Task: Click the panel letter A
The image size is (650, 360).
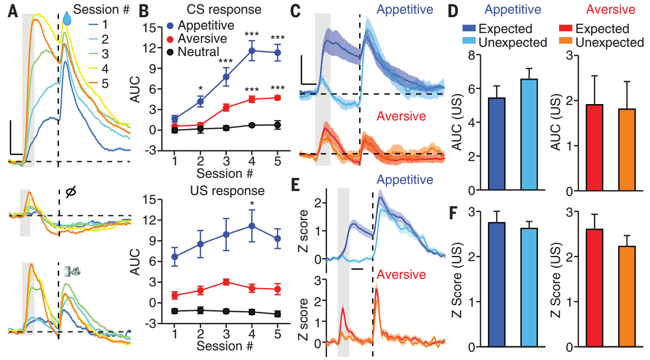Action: (x=13, y=11)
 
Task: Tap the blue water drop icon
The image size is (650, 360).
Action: (x=67, y=19)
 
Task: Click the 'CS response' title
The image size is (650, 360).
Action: (x=224, y=9)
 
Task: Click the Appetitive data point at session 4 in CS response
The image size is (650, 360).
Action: (x=252, y=51)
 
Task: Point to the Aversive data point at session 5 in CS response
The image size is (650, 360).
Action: (x=277, y=98)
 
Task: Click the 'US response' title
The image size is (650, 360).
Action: (x=227, y=191)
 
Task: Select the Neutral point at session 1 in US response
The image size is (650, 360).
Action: (x=175, y=311)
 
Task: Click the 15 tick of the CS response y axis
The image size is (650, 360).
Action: (x=150, y=28)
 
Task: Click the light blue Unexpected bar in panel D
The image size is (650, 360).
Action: (x=529, y=135)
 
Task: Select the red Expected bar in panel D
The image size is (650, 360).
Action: (x=594, y=147)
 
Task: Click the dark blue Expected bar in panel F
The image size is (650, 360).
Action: (x=497, y=285)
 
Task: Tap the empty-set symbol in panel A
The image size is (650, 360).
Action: (x=70, y=192)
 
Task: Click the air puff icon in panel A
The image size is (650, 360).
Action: (x=71, y=271)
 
